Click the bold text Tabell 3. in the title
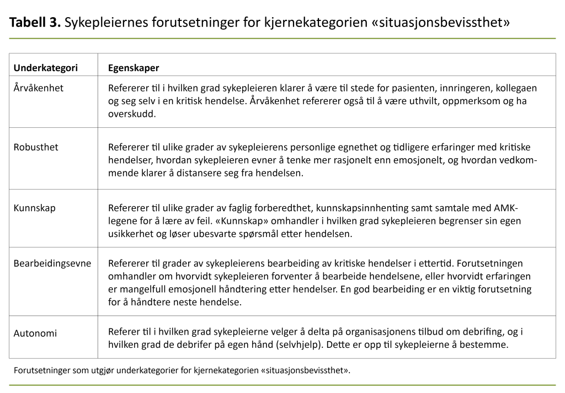point(35,23)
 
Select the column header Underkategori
point(45,68)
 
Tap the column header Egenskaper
point(133,68)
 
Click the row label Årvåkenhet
point(38,88)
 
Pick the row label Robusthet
point(36,147)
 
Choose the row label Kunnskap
point(34,208)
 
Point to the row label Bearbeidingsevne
point(52,263)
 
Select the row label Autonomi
point(35,333)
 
